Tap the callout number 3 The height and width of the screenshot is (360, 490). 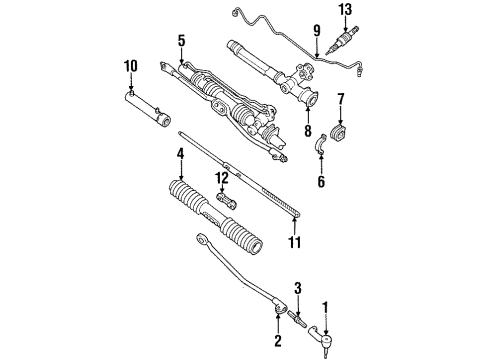tap(298, 289)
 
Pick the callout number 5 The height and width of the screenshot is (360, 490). tap(181, 41)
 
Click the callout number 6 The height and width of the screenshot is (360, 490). tap(322, 183)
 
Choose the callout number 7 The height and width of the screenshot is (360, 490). tap(341, 99)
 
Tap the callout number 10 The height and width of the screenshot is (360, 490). tap(131, 67)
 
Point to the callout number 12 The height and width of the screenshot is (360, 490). tap(222, 179)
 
